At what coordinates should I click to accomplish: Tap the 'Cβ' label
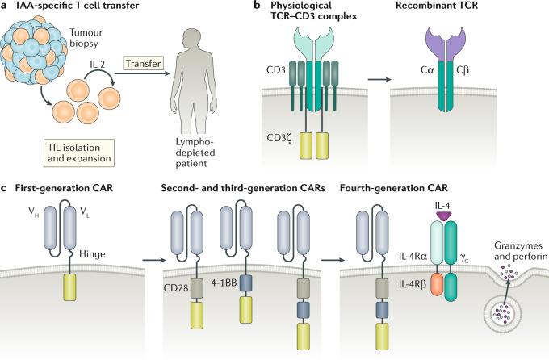tap(477, 81)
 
